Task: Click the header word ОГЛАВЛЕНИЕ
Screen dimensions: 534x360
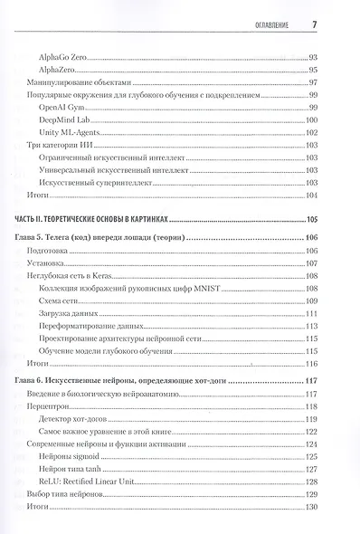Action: [269, 24]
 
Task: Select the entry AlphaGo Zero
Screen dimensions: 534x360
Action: [63, 57]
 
